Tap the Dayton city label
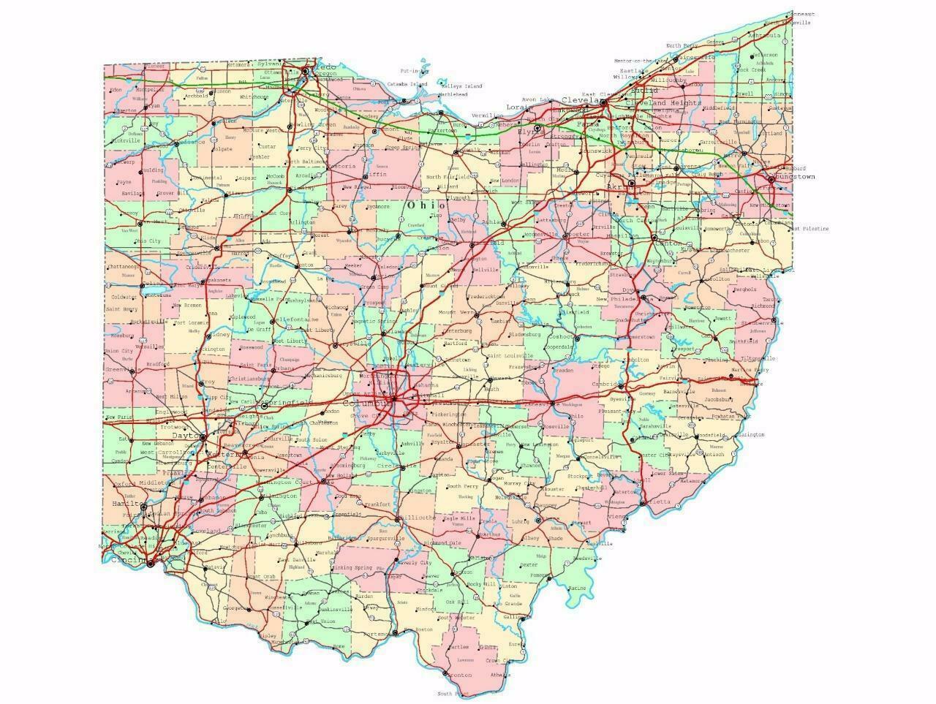pos(186,436)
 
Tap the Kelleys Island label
pos(460,86)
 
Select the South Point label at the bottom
pos(453,693)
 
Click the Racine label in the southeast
pos(576,588)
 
